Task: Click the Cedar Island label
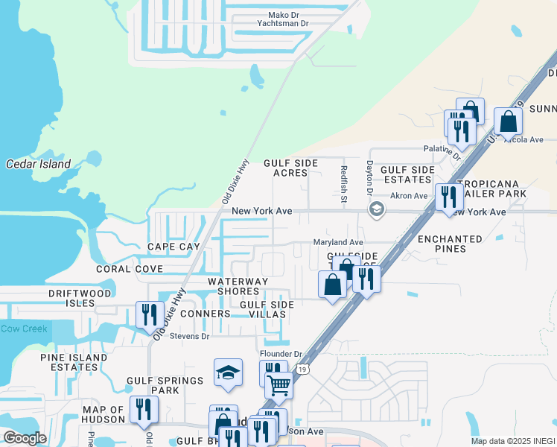pos(38,164)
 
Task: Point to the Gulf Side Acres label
pos(285,168)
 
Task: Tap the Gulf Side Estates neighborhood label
pos(407,174)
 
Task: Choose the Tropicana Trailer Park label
pos(491,188)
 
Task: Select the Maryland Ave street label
pos(337,242)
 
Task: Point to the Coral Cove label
pos(129,269)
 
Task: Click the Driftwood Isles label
pos(80,298)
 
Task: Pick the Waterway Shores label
pos(238,287)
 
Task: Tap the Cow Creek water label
pos(23,329)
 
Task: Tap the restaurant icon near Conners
pos(148,315)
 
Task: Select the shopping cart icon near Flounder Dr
pos(278,385)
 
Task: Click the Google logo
pos(25,438)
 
